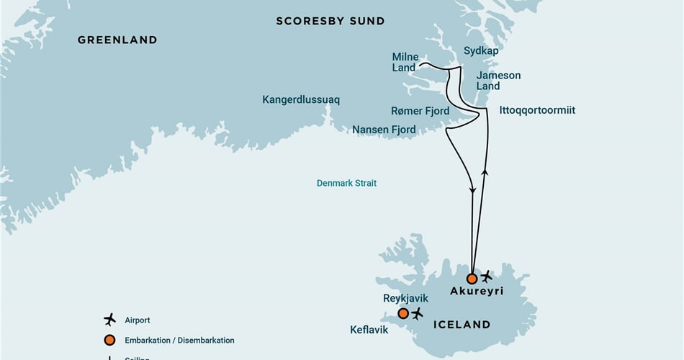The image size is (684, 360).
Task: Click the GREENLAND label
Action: [x=117, y=40]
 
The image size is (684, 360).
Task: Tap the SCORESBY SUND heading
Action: [x=330, y=22]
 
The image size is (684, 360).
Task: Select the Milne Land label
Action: [x=405, y=63]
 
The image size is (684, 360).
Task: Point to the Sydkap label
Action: [x=481, y=51]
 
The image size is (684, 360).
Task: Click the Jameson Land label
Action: [x=498, y=81]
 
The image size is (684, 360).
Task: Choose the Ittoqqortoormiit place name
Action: [x=537, y=110]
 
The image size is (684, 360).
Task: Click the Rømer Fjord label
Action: [x=420, y=111]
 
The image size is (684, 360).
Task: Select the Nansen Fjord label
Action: [x=384, y=130]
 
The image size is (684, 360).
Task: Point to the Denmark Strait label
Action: [x=346, y=184]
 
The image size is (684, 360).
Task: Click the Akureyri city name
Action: [x=476, y=292]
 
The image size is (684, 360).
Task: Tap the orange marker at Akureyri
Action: [x=472, y=279]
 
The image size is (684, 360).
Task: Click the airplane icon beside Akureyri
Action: [x=487, y=276]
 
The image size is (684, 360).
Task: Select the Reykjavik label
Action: [x=405, y=298]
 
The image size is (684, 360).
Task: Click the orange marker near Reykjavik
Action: [x=403, y=313]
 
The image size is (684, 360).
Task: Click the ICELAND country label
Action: [x=462, y=325]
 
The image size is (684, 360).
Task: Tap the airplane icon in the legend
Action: [x=109, y=320]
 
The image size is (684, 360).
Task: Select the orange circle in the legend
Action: [x=109, y=341]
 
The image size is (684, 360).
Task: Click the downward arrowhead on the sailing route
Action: [x=473, y=191]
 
